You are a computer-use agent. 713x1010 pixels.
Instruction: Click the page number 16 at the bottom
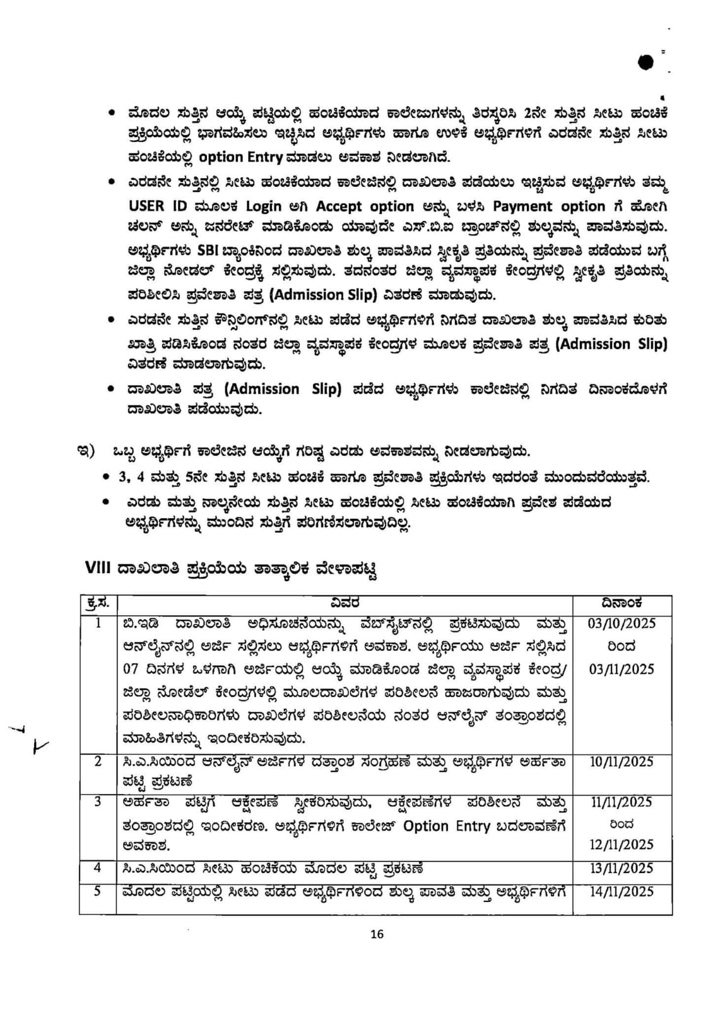(x=377, y=934)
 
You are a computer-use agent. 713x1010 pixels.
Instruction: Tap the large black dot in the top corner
(x=645, y=62)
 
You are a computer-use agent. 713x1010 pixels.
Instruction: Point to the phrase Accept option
(x=365, y=206)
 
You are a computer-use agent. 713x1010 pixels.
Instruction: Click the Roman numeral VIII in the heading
(x=98, y=567)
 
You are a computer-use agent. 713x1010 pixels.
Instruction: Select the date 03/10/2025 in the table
(x=622, y=624)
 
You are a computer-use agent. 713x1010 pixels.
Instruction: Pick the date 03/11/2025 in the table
(x=622, y=669)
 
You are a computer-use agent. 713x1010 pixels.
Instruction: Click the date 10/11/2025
(x=622, y=762)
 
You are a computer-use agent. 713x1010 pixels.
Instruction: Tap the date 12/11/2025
(x=622, y=845)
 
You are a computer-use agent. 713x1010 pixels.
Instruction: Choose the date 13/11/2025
(x=622, y=868)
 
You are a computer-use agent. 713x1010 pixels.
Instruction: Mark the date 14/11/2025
(x=622, y=891)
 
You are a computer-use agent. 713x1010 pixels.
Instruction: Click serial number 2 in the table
(x=98, y=761)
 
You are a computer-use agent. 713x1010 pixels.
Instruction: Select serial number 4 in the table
(x=98, y=867)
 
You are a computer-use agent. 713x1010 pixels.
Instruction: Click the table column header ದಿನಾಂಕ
(x=622, y=603)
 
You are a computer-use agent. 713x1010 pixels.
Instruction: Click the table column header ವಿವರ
(x=345, y=603)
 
